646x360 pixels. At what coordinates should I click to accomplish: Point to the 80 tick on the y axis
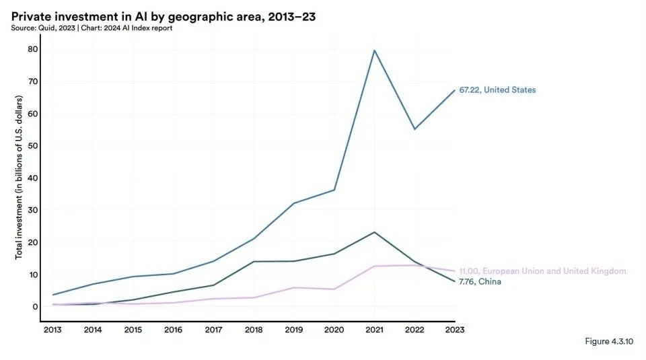pos(32,49)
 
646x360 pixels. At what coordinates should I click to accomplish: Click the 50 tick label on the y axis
pos(32,145)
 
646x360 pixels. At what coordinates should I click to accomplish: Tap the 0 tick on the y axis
pos(34,307)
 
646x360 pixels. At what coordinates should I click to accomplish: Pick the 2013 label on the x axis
pos(52,330)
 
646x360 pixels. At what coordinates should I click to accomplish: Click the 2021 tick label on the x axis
pos(373,330)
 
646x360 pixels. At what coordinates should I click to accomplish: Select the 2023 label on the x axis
pos(455,330)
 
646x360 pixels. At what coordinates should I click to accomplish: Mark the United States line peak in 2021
pos(374,50)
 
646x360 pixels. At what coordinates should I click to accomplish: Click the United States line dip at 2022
pos(415,129)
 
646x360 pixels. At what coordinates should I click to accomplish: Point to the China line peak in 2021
pos(374,232)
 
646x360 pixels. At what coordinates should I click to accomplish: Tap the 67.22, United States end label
pos(497,90)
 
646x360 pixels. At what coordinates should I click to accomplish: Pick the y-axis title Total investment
pos(20,177)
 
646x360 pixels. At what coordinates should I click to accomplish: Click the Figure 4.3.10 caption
pos(608,342)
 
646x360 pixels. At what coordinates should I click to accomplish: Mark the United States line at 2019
pos(293,203)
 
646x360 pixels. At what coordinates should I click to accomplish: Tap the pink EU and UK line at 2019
pos(293,287)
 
